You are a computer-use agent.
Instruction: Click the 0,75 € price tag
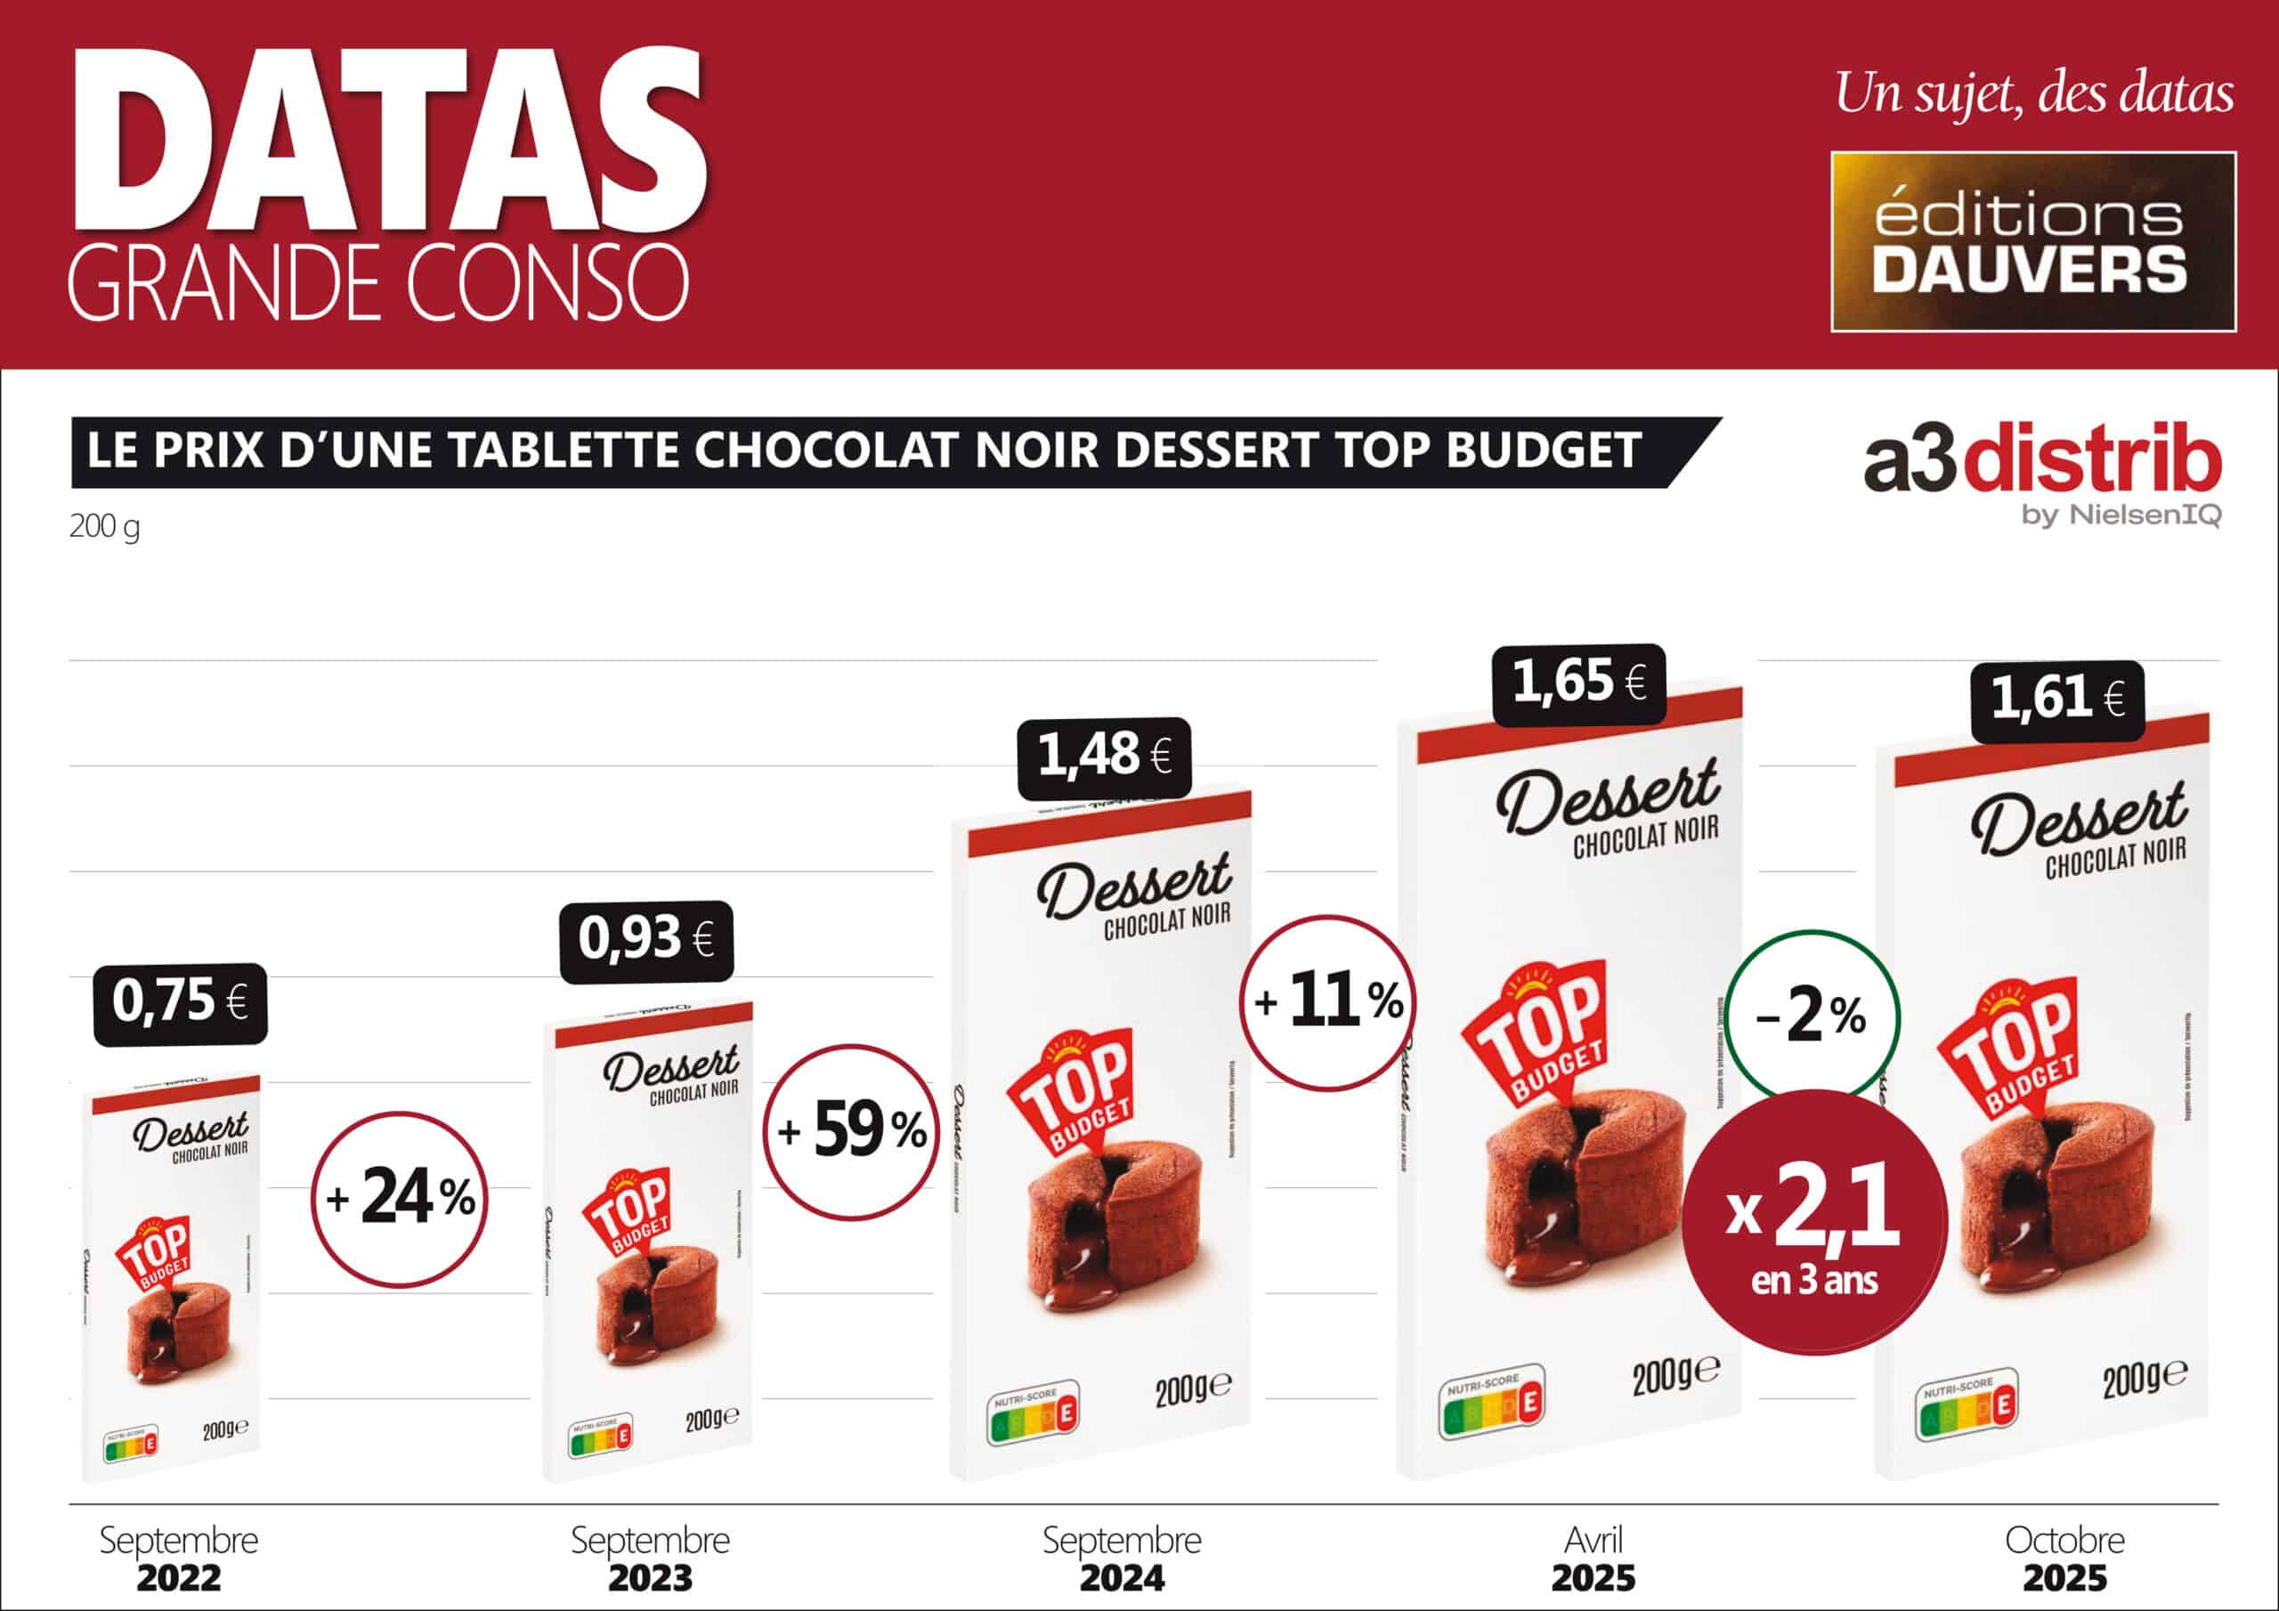pyautogui.click(x=180, y=1002)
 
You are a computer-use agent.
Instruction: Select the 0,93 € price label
pyautogui.click(x=646, y=940)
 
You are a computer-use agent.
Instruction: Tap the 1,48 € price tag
pyautogui.click(x=1104, y=757)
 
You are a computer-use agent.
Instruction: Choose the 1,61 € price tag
pyautogui.click(x=2056, y=700)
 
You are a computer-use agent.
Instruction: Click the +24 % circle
pyautogui.click(x=399, y=1199)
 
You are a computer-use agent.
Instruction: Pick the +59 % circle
pyautogui.click(x=851, y=1131)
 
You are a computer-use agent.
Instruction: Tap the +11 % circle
pyautogui.click(x=1328, y=1002)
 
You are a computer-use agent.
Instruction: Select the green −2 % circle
pyautogui.click(x=1812, y=1017)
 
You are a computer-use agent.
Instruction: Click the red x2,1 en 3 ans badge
pyautogui.click(x=1814, y=1223)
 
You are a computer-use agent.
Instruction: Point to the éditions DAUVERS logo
pyautogui.click(x=2032, y=241)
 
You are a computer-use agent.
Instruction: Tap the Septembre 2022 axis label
pyautogui.click(x=179, y=1559)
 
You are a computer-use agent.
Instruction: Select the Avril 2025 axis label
pyautogui.click(x=1594, y=1559)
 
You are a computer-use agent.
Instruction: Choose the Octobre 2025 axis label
pyautogui.click(x=2064, y=1559)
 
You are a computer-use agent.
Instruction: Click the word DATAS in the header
pyautogui.click(x=387, y=139)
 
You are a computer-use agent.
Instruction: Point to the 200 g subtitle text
pyautogui.click(x=104, y=526)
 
